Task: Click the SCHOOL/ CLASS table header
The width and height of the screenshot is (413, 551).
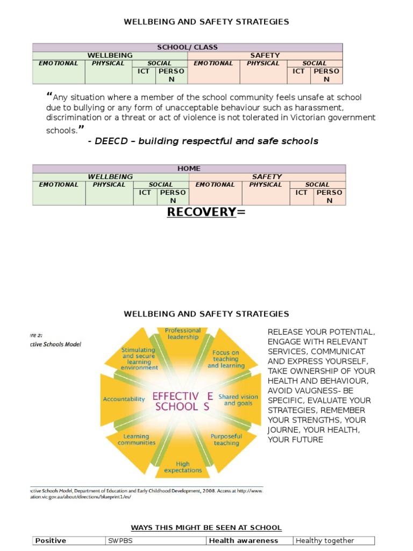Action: (188, 47)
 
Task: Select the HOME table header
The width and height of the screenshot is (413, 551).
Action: (189, 168)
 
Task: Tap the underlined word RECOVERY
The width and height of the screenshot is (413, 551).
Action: (202, 212)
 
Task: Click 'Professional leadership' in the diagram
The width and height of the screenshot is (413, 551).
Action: (183, 334)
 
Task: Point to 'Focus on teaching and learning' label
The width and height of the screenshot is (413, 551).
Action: (225, 359)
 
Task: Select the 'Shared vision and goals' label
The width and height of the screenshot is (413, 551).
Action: (238, 400)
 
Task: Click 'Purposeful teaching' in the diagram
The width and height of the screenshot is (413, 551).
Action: (226, 440)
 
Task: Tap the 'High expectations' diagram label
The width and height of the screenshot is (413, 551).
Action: (183, 467)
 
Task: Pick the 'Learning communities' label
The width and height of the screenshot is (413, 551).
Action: (137, 440)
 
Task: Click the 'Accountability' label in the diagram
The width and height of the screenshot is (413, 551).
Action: (124, 399)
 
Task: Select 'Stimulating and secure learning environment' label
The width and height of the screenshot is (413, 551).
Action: (139, 359)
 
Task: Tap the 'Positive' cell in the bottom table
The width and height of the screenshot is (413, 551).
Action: (51, 541)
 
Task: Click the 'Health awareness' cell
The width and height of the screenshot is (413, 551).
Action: (244, 541)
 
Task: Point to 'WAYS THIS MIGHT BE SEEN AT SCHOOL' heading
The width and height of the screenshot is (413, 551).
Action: (206, 527)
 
